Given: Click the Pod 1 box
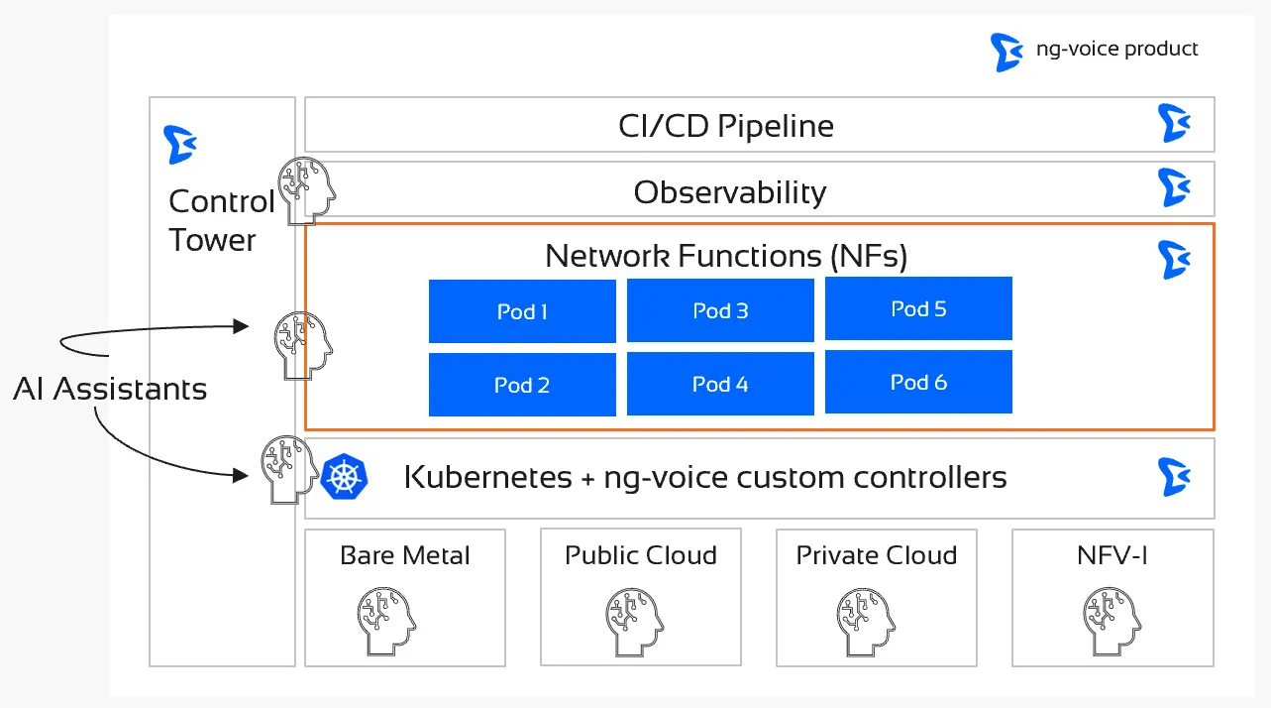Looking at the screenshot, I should tap(522, 311).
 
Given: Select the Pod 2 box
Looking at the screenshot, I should tap(522, 385).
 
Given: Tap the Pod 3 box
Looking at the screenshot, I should tap(720, 310).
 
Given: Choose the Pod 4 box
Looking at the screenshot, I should tap(720, 384).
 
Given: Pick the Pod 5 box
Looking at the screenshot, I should tap(918, 308).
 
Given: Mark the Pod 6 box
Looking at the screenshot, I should tap(918, 382).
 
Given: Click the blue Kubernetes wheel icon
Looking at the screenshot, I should tap(344, 477).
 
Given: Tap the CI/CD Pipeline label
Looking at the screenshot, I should tap(725, 126).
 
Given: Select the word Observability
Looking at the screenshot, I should tap(730, 191).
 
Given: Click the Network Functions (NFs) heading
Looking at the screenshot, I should tap(726, 256).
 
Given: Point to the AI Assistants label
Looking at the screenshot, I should tap(110, 389).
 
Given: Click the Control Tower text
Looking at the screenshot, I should tap(220, 220).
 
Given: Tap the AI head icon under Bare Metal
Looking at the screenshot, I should tap(385, 618).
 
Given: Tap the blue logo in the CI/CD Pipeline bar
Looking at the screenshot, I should tap(1174, 124).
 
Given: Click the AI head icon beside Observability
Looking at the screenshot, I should tap(305, 189).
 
